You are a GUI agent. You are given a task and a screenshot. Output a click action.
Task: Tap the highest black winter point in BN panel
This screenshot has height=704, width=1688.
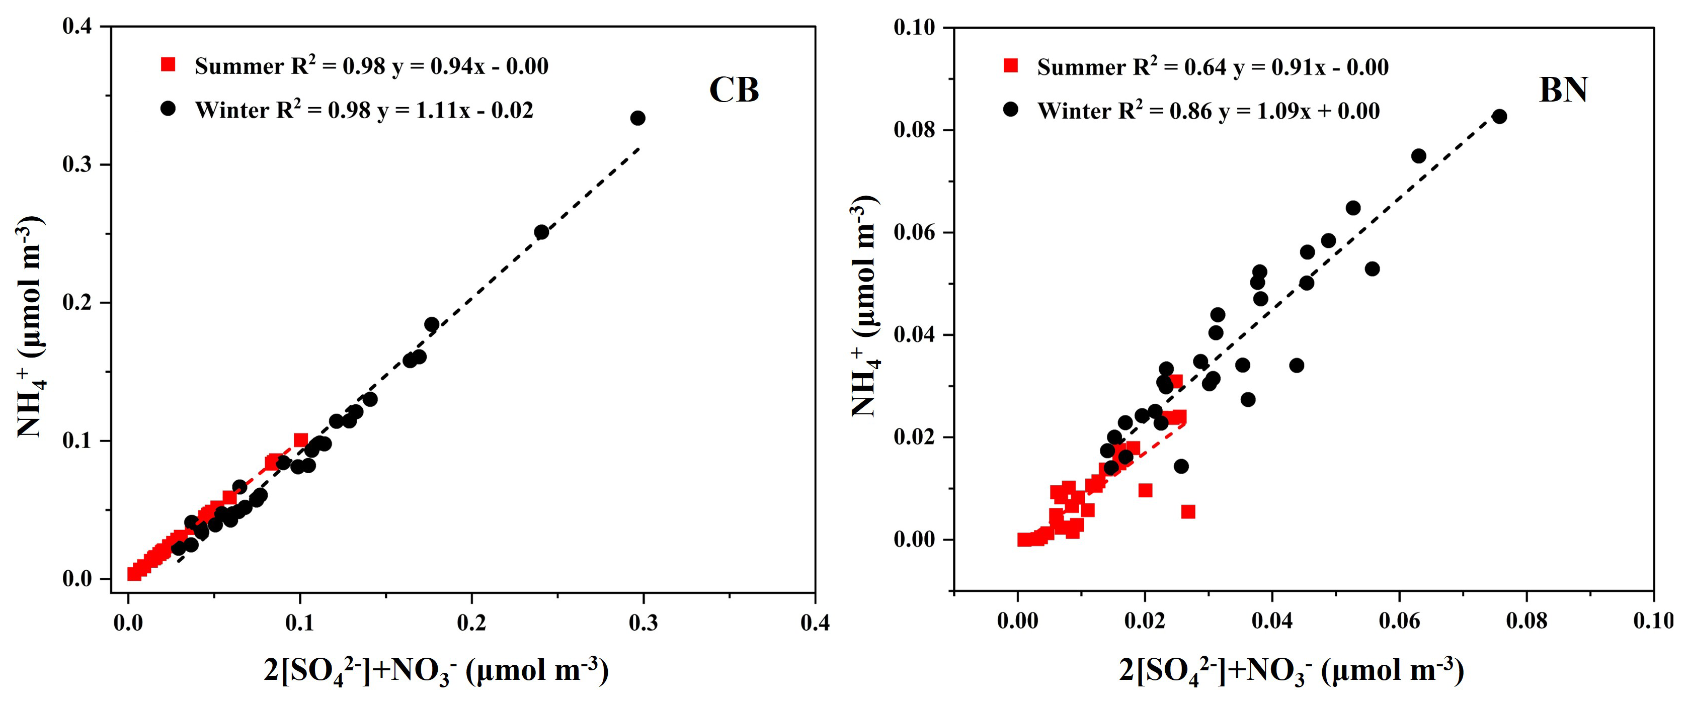coord(1499,117)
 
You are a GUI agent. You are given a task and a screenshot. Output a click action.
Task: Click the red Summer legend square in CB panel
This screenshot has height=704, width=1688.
coord(169,65)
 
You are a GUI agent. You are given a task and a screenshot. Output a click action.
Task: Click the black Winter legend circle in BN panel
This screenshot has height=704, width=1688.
coord(1011,109)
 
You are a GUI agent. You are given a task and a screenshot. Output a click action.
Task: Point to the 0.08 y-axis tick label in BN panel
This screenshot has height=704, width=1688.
coord(914,130)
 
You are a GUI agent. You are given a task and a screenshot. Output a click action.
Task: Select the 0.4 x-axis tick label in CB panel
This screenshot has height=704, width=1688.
coord(815,622)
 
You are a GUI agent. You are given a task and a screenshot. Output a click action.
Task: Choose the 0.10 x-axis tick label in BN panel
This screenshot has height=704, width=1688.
coord(1653,620)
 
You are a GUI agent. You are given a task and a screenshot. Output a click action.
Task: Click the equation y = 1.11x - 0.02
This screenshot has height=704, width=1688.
coord(455,110)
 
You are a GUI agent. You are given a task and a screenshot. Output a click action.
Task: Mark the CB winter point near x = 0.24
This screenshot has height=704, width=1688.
coord(541,232)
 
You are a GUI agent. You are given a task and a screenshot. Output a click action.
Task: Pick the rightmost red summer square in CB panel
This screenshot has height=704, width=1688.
coord(301,440)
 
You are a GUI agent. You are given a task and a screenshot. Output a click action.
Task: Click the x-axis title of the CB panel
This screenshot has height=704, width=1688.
coord(436,671)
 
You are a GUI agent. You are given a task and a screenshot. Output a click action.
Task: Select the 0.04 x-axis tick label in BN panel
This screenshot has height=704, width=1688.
coord(1272,620)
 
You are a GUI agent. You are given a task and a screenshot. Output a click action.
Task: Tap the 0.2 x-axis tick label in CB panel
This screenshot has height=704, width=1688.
coord(471,622)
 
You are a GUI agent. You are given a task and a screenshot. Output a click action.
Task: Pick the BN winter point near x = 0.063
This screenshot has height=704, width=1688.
coord(1419,156)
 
